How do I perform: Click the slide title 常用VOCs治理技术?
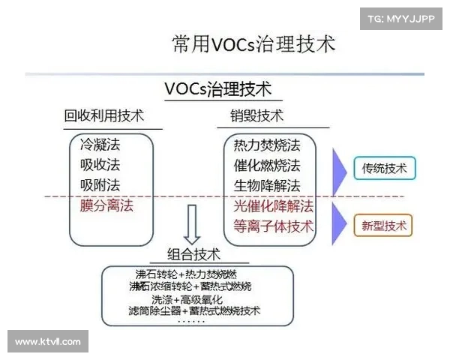(253, 43)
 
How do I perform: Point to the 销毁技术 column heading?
(256, 116)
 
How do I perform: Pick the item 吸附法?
(100, 184)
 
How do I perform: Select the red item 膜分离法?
(106, 205)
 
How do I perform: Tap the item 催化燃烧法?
(267, 165)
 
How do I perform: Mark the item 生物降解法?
(267, 185)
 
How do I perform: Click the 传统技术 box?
(384, 169)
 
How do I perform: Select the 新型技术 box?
(384, 224)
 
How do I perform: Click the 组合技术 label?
(193, 255)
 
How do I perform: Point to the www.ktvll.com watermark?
(48, 341)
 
